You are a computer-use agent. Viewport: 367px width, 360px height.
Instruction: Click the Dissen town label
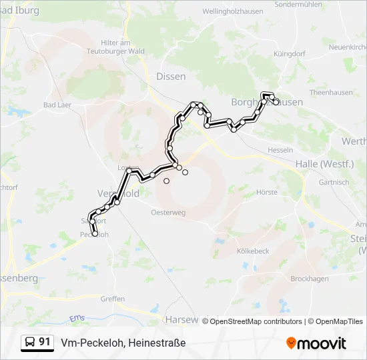[x=171, y=77]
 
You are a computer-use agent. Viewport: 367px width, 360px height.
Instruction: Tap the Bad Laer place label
[x=58, y=105]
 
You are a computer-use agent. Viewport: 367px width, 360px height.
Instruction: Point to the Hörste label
[x=267, y=192]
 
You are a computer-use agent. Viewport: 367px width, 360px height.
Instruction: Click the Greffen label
[x=112, y=299]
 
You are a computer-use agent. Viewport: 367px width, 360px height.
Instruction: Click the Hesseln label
[x=280, y=150]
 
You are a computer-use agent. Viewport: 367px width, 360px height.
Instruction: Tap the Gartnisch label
[x=334, y=182]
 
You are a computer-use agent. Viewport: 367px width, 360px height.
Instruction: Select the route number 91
[x=45, y=342]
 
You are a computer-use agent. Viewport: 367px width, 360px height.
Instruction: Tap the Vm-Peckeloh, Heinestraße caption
[x=123, y=343]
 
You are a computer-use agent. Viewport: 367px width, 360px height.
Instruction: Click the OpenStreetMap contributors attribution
[x=256, y=321]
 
